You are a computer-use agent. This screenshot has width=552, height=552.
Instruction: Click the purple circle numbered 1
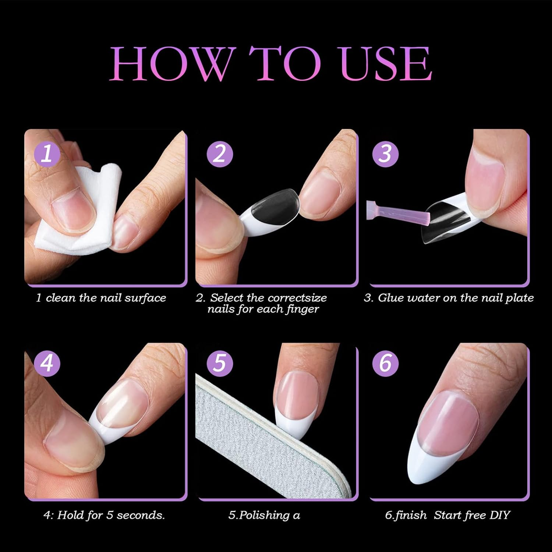46,154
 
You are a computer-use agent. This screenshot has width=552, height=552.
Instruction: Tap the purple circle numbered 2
220,153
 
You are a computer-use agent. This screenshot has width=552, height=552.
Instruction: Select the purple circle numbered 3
385,153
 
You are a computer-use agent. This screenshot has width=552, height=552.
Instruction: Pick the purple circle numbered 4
47,363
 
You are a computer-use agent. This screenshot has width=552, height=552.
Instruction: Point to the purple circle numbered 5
220,363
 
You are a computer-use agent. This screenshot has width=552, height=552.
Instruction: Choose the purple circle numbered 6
385,363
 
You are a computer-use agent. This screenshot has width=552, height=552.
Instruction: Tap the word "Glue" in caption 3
390,298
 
